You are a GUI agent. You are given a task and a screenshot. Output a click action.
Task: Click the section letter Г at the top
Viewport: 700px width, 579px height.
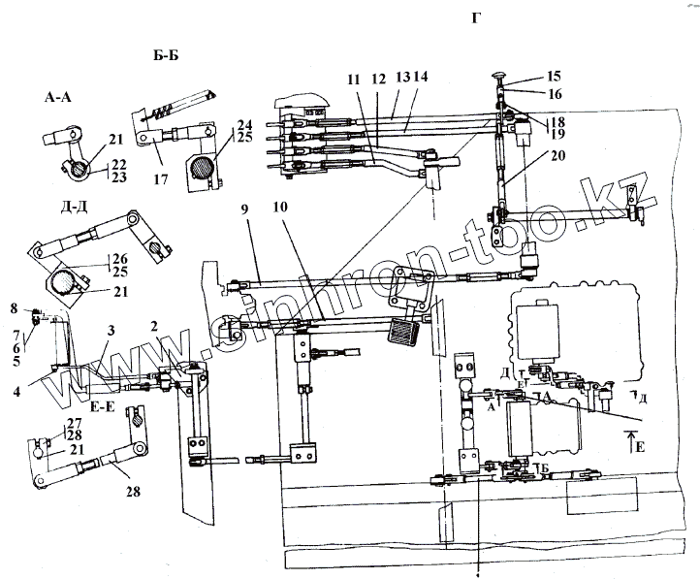tap(476, 19)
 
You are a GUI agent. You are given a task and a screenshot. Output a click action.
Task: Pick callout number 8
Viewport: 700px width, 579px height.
tap(14, 307)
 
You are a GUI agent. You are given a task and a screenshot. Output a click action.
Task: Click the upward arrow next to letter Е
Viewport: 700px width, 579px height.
tap(630, 444)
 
